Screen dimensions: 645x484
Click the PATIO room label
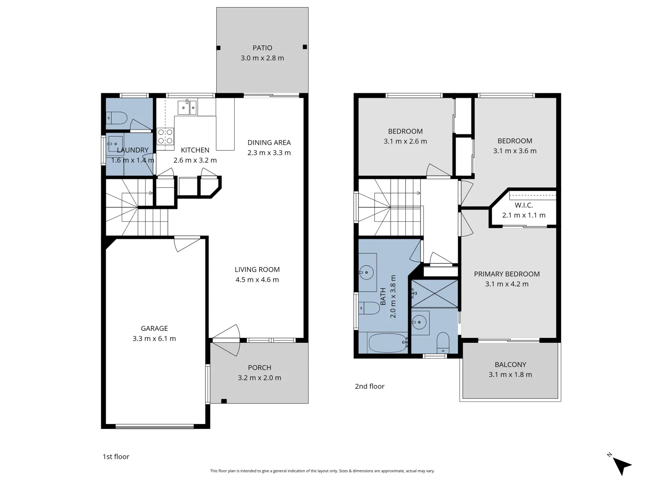click(x=262, y=48)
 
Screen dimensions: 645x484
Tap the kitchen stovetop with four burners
click(x=165, y=136)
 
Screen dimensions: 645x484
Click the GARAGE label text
click(x=154, y=328)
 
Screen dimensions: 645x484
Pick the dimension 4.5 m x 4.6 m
click(x=257, y=280)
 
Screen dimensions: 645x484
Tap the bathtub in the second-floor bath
click(x=387, y=343)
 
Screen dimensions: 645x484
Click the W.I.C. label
click(x=524, y=205)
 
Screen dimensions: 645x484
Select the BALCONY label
click(x=511, y=364)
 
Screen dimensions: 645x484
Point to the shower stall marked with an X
click(x=434, y=294)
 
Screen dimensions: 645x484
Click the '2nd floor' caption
click(x=370, y=386)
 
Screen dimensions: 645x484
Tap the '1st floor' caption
click(x=116, y=456)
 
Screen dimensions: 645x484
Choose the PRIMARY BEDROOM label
click(x=507, y=274)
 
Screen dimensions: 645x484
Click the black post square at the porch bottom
click(x=224, y=401)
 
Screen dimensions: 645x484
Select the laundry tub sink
click(x=115, y=144)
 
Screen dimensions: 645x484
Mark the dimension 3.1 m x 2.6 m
click(x=405, y=141)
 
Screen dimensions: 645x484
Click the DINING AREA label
click(x=269, y=143)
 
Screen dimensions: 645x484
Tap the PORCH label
click(x=259, y=367)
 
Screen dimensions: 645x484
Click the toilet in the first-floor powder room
click(x=116, y=118)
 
